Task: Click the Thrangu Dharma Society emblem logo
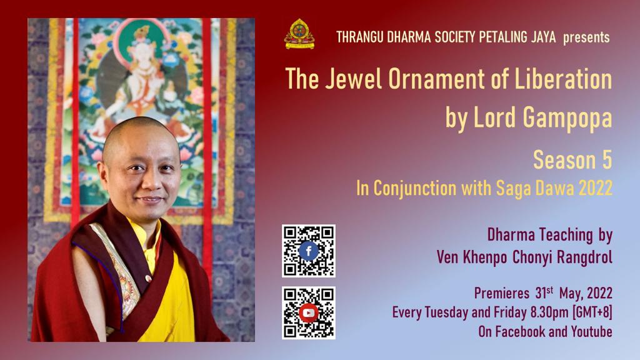(299, 35)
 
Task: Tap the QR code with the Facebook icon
(308, 251)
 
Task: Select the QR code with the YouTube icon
(308, 312)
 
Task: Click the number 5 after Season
(605, 161)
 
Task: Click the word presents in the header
(586, 37)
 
